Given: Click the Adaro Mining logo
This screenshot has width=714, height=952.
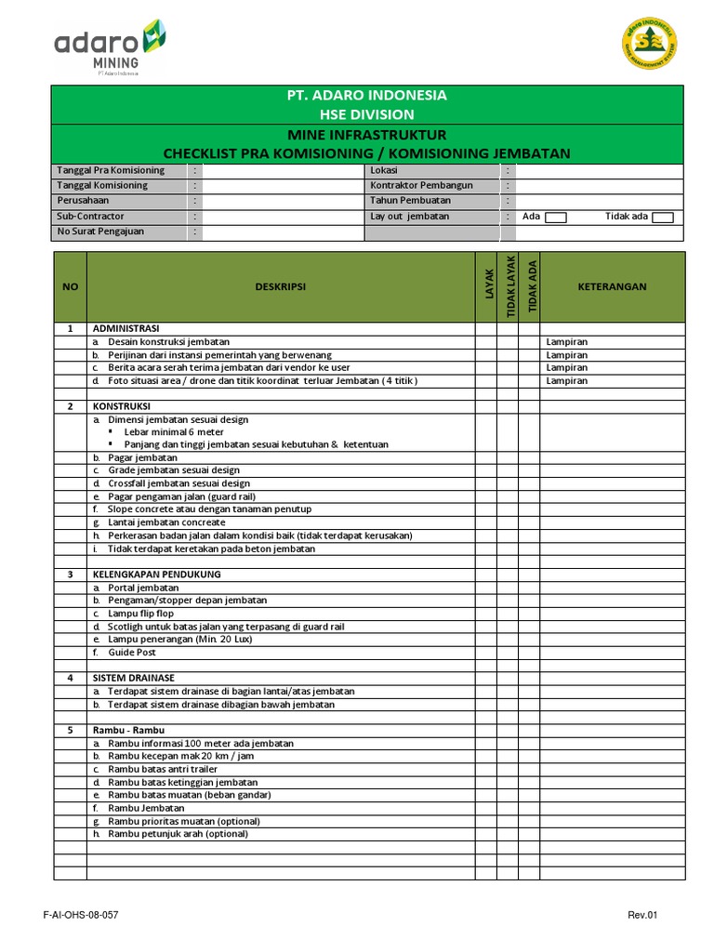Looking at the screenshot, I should click(x=110, y=48).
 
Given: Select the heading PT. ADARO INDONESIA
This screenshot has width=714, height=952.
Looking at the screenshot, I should click(x=368, y=95).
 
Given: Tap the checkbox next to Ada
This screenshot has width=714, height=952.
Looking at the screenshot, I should click(x=555, y=218).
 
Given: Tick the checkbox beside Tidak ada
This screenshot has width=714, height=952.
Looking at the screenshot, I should click(x=662, y=218).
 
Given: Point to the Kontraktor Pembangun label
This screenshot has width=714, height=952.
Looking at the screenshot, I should click(x=421, y=185).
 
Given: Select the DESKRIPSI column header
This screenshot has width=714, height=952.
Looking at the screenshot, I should click(x=280, y=286).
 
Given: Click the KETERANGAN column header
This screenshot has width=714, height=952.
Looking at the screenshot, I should click(x=612, y=286).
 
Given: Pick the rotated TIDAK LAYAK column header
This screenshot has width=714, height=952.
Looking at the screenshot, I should click(x=508, y=286).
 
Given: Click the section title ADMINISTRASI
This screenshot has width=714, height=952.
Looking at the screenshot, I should click(x=126, y=329).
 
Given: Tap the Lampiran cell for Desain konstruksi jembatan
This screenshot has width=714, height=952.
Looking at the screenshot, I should click(x=567, y=342).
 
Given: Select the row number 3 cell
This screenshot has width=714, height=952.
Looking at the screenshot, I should click(x=70, y=575).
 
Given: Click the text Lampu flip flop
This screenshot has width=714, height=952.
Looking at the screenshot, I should click(x=140, y=614).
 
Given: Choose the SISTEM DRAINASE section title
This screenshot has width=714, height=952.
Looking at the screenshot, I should click(x=134, y=678).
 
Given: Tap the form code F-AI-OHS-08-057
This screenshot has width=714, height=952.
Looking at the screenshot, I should click(x=81, y=915).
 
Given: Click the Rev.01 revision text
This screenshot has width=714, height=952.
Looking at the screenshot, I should click(x=642, y=915).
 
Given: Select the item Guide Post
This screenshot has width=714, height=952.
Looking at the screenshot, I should click(x=132, y=653).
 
